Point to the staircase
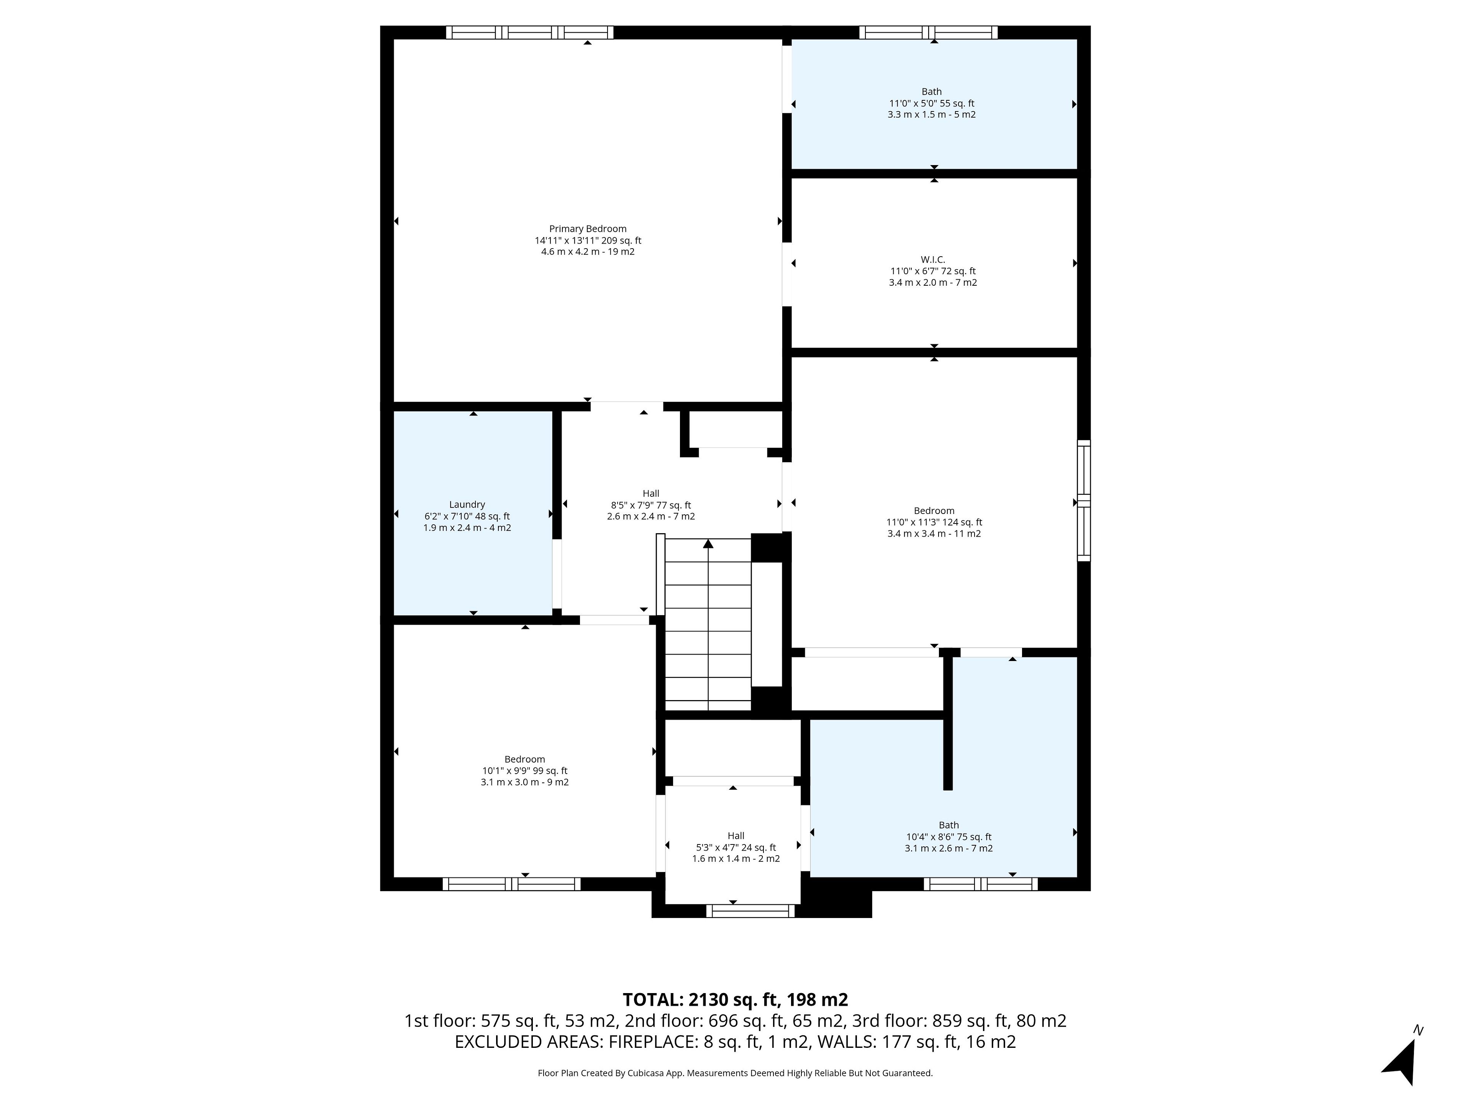(x=708, y=625)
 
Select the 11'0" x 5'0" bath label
(x=932, y=103)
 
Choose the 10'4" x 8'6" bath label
(x=949, y=836)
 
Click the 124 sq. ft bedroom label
(x=934, y=522)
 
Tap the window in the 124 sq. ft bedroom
(x=1084, y=500)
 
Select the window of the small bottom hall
(x=750, y=911)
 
